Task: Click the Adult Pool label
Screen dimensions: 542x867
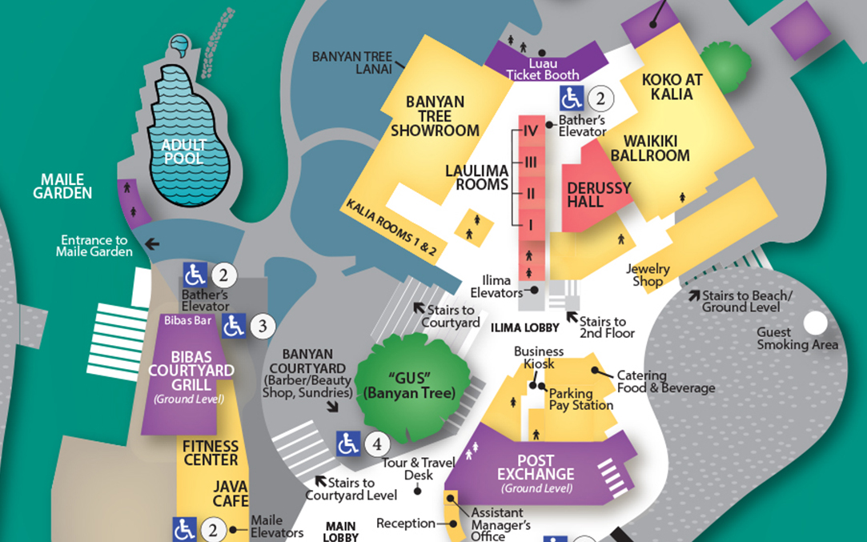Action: tap(183, 151)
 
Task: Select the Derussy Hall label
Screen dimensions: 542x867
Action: tap(599, 195)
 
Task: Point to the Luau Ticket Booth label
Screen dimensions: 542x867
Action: tap(543, 70)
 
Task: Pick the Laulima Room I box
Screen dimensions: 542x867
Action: tap(530, 225)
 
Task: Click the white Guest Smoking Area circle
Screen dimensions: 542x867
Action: tap(815, 323)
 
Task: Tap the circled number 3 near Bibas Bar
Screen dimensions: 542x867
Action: tap(263, 326)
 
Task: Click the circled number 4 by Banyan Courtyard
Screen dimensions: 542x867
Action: tap(377, 443)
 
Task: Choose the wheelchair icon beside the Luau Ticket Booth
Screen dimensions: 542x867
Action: tap(571, 98)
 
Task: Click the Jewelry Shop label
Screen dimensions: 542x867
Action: tap(648, 275)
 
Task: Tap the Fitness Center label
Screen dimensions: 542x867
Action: tap(211, 452)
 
